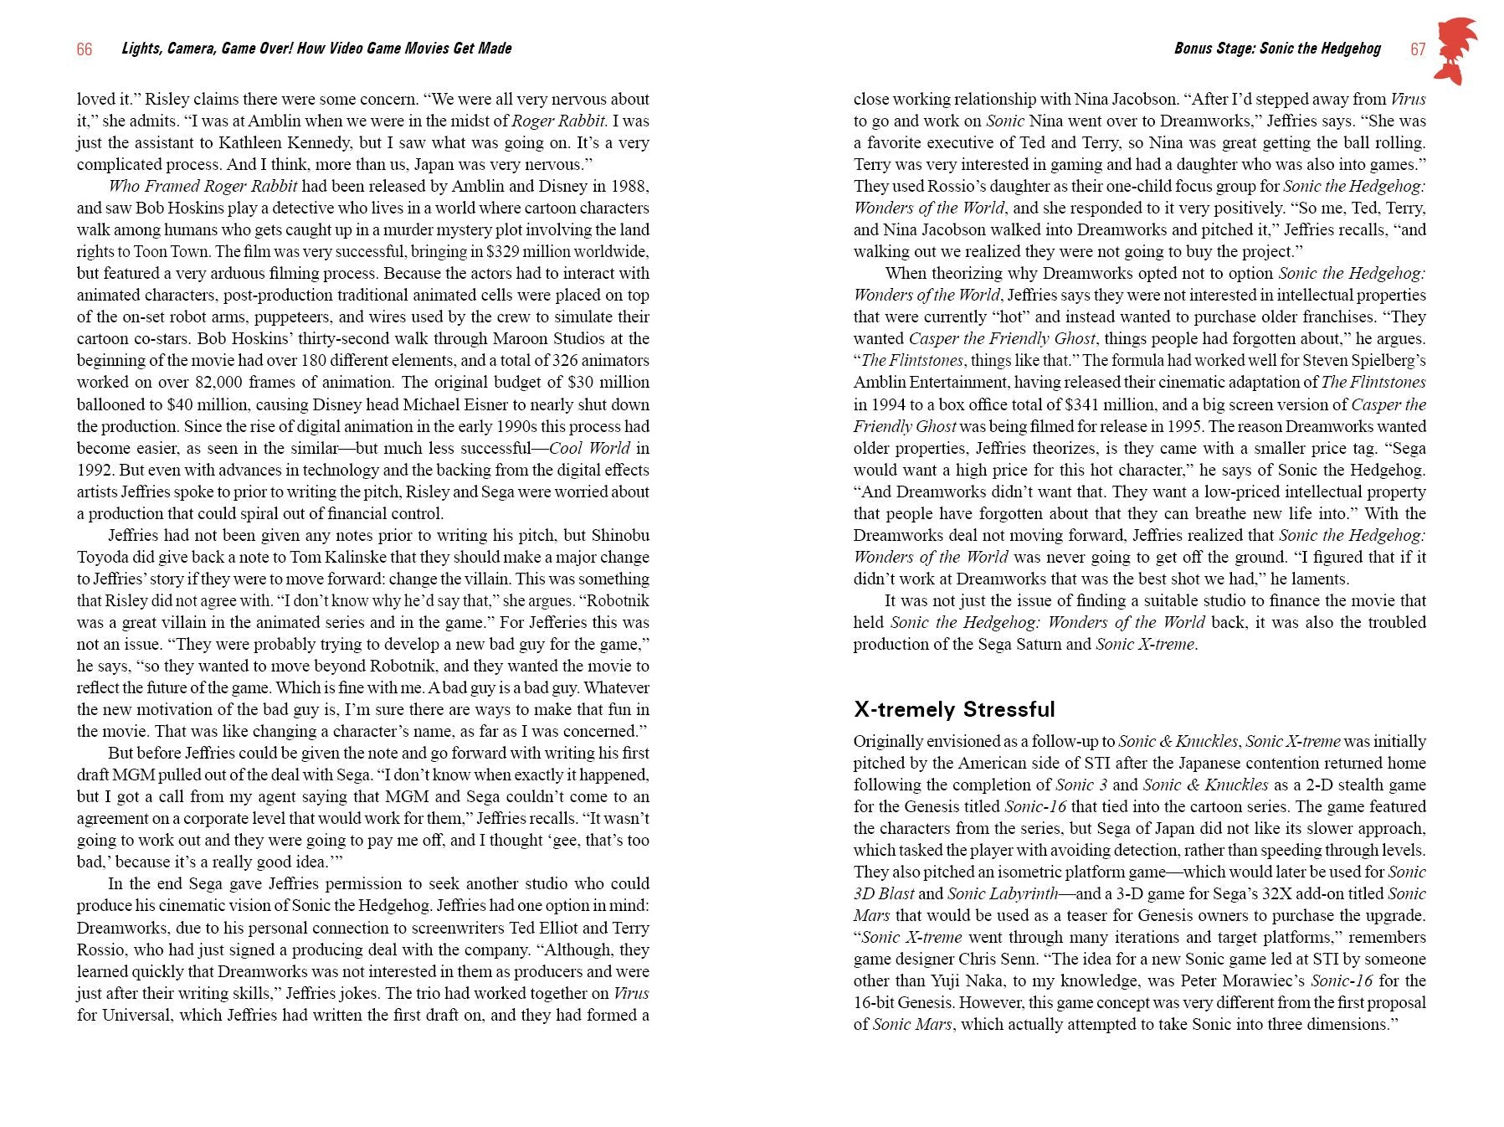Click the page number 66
84,49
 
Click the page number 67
1417,49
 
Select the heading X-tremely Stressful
953,709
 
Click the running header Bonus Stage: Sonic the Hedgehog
1276,49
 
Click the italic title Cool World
589,448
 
